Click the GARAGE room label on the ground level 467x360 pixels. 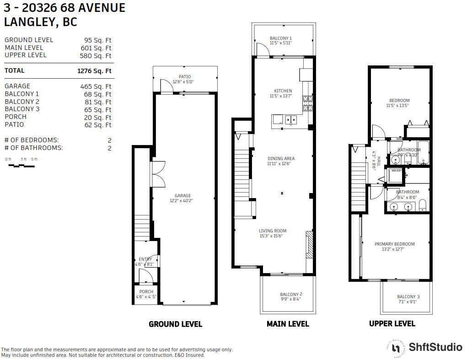[x=183, y=196]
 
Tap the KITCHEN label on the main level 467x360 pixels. [x=283, y=91]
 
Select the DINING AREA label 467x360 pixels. [x=281, y=159]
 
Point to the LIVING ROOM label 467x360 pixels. [x=273, y=231]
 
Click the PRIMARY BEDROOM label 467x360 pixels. [x=394, y=244]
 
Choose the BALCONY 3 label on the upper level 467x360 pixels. [x=408, y=297]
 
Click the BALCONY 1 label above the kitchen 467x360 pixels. [x=280, y=38]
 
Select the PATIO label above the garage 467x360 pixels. [x=185, y=77]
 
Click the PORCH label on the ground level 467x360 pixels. [x=146, y=292]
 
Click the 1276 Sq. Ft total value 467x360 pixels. [x=94, y=71]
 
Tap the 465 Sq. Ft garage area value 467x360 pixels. [x=96, y=86]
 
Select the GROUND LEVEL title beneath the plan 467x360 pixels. [x=175, y=324]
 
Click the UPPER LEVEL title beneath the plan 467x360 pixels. [x=392, y=323]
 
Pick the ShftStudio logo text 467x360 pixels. [x=435, y=347]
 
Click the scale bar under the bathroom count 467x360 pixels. [x=21, y=166]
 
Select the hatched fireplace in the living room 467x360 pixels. [x=309, y=246]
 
